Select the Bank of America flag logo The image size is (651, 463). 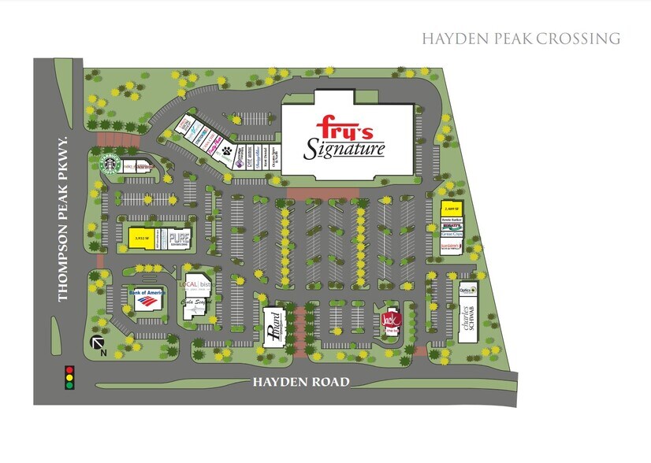pos(145,300)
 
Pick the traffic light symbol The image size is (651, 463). pos(69,376)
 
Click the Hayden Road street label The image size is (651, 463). pos(300,383)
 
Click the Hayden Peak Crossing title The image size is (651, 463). pos(521,38)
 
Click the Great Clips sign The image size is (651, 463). pos(451,234)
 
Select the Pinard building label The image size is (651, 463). pos(273,324)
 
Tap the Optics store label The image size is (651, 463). pos(467,290)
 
